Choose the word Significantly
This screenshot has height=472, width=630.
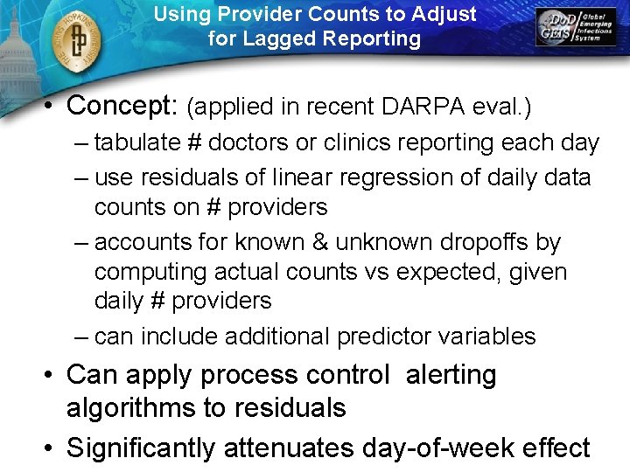141,448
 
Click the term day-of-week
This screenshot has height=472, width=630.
445,448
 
